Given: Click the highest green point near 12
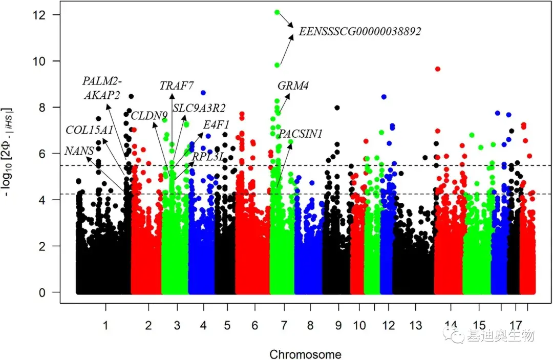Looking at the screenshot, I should point(277,12).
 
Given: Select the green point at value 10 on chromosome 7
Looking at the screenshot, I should point(277,65).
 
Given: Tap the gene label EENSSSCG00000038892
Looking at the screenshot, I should point(360,32).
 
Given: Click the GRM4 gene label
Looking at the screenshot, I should point(293,86).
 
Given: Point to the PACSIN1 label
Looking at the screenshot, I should point(300,134).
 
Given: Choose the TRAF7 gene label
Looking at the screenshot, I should point(176,86).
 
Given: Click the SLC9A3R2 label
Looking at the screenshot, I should point(199,108).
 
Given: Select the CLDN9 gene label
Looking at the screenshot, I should point(149,116).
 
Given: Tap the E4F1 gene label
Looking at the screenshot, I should point(216,124).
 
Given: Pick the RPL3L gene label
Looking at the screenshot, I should point(207,157).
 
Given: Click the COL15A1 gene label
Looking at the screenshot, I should point(89,130).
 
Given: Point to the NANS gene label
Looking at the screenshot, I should point(79,151).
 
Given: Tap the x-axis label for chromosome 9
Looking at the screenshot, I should point(338,325).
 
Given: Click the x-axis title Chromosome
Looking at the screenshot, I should point(305,354).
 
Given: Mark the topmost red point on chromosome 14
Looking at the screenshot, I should point(438,69).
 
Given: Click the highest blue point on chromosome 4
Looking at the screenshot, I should point(203,93).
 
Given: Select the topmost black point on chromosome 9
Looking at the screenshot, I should point(337,108).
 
